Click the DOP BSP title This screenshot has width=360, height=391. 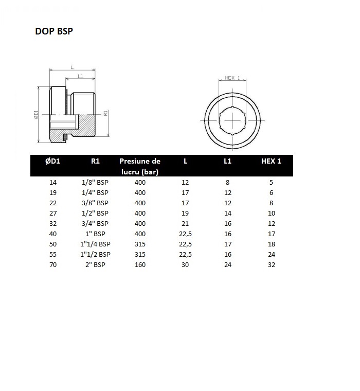(54, 31)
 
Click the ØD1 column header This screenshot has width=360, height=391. (52, 161)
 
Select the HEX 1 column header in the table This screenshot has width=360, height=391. (271, 161)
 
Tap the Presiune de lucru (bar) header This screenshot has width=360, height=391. (139, 166)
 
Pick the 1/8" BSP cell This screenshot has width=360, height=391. (95, 182)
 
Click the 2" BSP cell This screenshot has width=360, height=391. (95, 264)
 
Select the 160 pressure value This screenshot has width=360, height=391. (140, 264)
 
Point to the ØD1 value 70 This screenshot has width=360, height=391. (53, 264)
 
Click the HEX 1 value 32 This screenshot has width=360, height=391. (271, 264)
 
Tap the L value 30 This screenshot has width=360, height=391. (185, 264)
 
